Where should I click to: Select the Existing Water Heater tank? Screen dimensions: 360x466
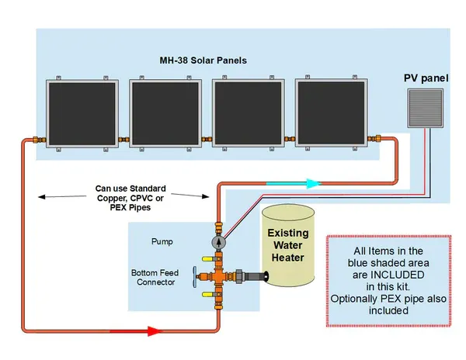click(288, 247)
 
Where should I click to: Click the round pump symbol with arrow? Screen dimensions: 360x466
click(219, 242)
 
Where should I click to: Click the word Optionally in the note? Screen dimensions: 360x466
click(354, 299)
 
